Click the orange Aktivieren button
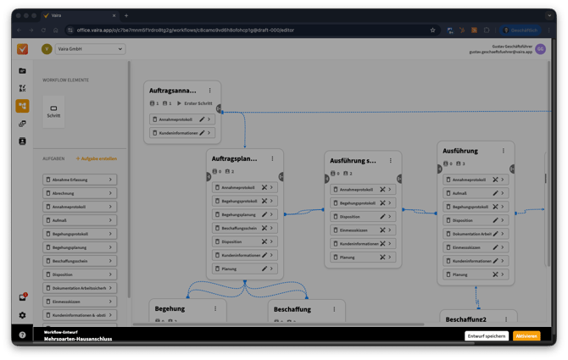click(x=526, y=336)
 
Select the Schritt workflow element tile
click(x=53, y=111)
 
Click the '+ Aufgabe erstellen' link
click(x=97, y=158)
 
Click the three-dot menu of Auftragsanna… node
click(x=209, y=91)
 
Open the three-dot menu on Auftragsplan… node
click(x=272, y=158)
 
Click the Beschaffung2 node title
click(x=465, y=319)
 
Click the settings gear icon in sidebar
click(x=23, y=315)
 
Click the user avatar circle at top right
click(x=540, y=49)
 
